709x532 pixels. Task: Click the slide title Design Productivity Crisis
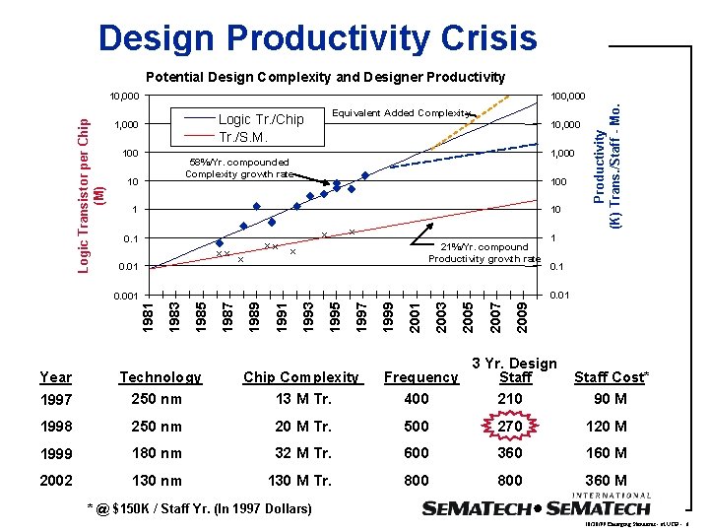318,38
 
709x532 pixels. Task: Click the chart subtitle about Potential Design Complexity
325,77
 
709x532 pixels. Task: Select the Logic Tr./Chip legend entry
260,119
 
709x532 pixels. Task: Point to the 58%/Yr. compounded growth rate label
239,168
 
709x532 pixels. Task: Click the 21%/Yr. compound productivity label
483,253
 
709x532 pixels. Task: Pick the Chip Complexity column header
301,376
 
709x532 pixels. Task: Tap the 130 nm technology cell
158,481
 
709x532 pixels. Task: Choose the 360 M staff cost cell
607,481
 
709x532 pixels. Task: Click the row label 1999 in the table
55,453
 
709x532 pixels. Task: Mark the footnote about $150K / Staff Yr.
200,508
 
